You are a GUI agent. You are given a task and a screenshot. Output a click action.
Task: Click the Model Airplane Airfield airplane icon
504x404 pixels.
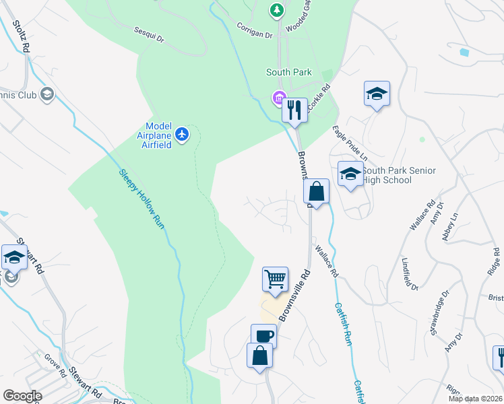coord(182,135)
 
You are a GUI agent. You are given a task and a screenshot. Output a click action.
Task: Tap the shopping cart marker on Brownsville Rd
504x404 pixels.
coord(275,279)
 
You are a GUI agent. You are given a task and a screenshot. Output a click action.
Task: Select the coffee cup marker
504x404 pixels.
coord(264,336)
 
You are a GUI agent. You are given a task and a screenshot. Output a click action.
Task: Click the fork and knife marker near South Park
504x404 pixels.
coord(294,110)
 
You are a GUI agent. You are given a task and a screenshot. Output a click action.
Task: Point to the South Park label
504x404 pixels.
coord(288,72)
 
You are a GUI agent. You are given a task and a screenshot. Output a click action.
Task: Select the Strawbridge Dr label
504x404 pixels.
coord(441,310)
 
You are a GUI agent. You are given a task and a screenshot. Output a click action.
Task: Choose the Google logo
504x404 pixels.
coord(22,396)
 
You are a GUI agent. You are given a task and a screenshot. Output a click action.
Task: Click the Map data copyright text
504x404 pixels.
coord(474,399)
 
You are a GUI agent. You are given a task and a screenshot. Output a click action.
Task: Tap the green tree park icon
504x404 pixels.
coord(276,9)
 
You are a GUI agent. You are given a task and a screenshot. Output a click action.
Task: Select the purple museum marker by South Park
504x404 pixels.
coord(278,99)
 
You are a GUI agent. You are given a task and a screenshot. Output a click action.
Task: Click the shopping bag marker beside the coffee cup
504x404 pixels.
coord(259,356)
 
